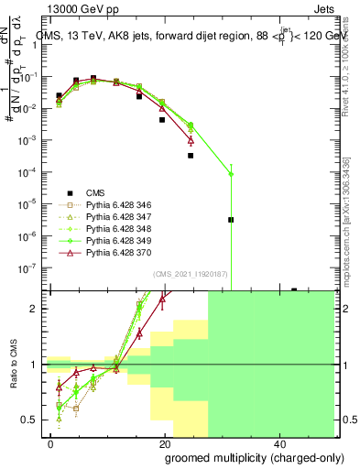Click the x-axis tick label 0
coord(50,442)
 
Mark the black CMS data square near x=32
coord(231,220)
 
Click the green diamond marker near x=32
coord(231,173)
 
